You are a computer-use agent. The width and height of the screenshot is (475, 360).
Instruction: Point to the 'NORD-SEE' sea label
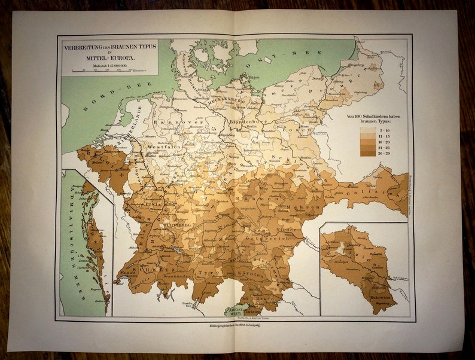tap(104, 100)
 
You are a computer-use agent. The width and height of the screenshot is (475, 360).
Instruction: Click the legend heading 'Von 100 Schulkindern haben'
tap(374, 115)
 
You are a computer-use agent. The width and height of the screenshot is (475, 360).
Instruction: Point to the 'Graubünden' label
tap(177, 276)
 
